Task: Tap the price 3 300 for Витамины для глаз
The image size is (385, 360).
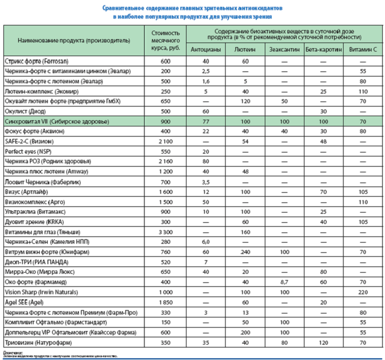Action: pos(166,232)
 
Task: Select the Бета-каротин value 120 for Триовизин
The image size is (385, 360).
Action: pos(320,342)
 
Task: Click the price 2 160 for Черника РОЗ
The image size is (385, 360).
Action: pos(166,162)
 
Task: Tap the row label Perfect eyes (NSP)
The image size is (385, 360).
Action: pos(27,152)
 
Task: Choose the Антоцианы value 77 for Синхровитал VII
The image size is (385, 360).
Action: pos(206,122)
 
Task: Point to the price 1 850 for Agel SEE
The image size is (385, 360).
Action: pos(166,302)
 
